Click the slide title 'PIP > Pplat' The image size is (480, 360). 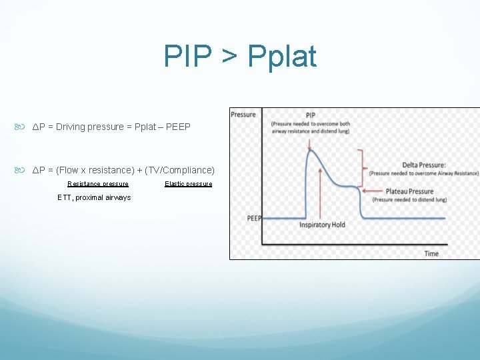pos(240,57)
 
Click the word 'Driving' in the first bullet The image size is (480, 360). pos(73,127)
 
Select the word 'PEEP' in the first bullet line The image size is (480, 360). pos(178,127)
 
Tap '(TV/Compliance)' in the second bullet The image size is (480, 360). pos(179,170)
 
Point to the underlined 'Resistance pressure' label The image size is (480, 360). pos(98,184)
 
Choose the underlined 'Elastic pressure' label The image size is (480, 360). pos(189,184)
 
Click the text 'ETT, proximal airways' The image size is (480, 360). pos(94,197)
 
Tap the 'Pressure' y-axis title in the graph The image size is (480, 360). pos(243,115)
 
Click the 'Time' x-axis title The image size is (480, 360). pos(431,253)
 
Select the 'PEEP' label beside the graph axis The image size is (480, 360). pos(254,218)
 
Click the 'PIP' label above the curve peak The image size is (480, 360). pos(311,115)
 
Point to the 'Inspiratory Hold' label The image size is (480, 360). pos(322,225)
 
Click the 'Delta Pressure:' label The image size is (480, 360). pos(424,165)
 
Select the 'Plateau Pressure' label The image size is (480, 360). pos(409,191)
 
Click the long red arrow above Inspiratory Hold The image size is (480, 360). pos(322,193)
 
